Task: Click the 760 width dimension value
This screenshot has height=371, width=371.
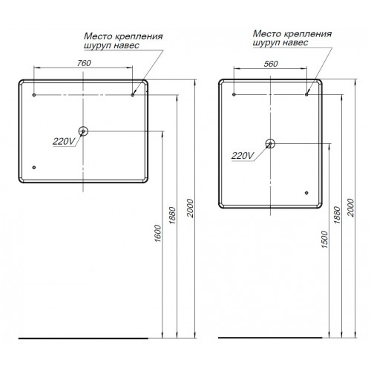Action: pyautogui.click(x=84, y=63)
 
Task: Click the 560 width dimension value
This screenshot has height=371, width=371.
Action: pyautogui.click(x=271, y=64)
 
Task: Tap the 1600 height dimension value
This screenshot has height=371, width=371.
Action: pyautogui.click(x=157, y=233)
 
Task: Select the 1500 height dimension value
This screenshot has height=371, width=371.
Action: pyautogui.click(x=324, y=240)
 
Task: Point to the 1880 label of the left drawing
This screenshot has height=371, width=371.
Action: pyautogui.click(x=172, y=215)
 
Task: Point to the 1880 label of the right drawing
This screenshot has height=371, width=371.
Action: pyautogui.click(x=337, y=214)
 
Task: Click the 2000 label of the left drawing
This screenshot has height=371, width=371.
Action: pyautogui.click(x=190, y=208)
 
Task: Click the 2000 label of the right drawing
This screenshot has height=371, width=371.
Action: pyautogui.click(x=351, y=208)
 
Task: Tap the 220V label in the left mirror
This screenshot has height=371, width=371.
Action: pyautogui.click(x=64, y=142)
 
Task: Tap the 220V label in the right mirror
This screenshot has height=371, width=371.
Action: pyautogui.click(x=243, y=156)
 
